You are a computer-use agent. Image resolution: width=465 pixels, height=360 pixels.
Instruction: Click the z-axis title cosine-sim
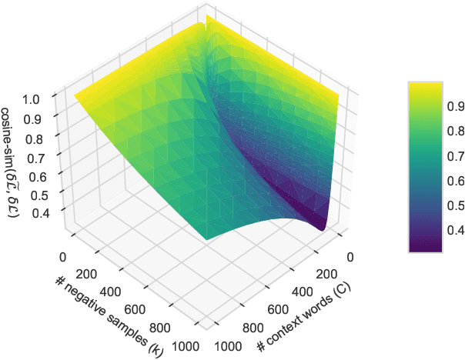point(12,161)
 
